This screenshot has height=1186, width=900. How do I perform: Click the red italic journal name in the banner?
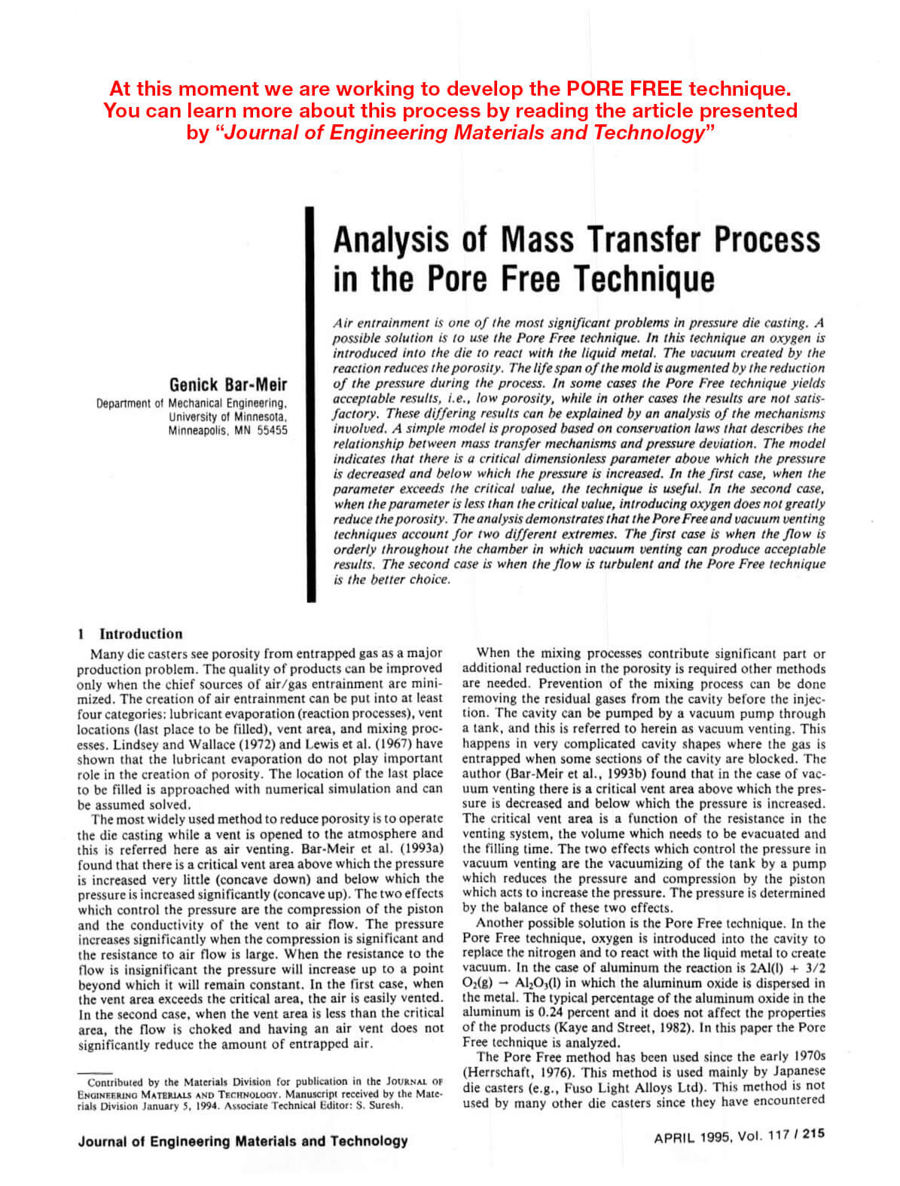463,133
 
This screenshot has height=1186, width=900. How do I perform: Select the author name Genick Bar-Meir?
228,385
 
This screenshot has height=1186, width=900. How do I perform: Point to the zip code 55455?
272,431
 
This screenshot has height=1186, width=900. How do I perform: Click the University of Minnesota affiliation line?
227,417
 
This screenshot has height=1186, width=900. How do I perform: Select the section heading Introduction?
141,634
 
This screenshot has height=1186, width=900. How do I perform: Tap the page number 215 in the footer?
813,1134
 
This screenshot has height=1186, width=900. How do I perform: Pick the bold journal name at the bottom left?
243,1141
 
